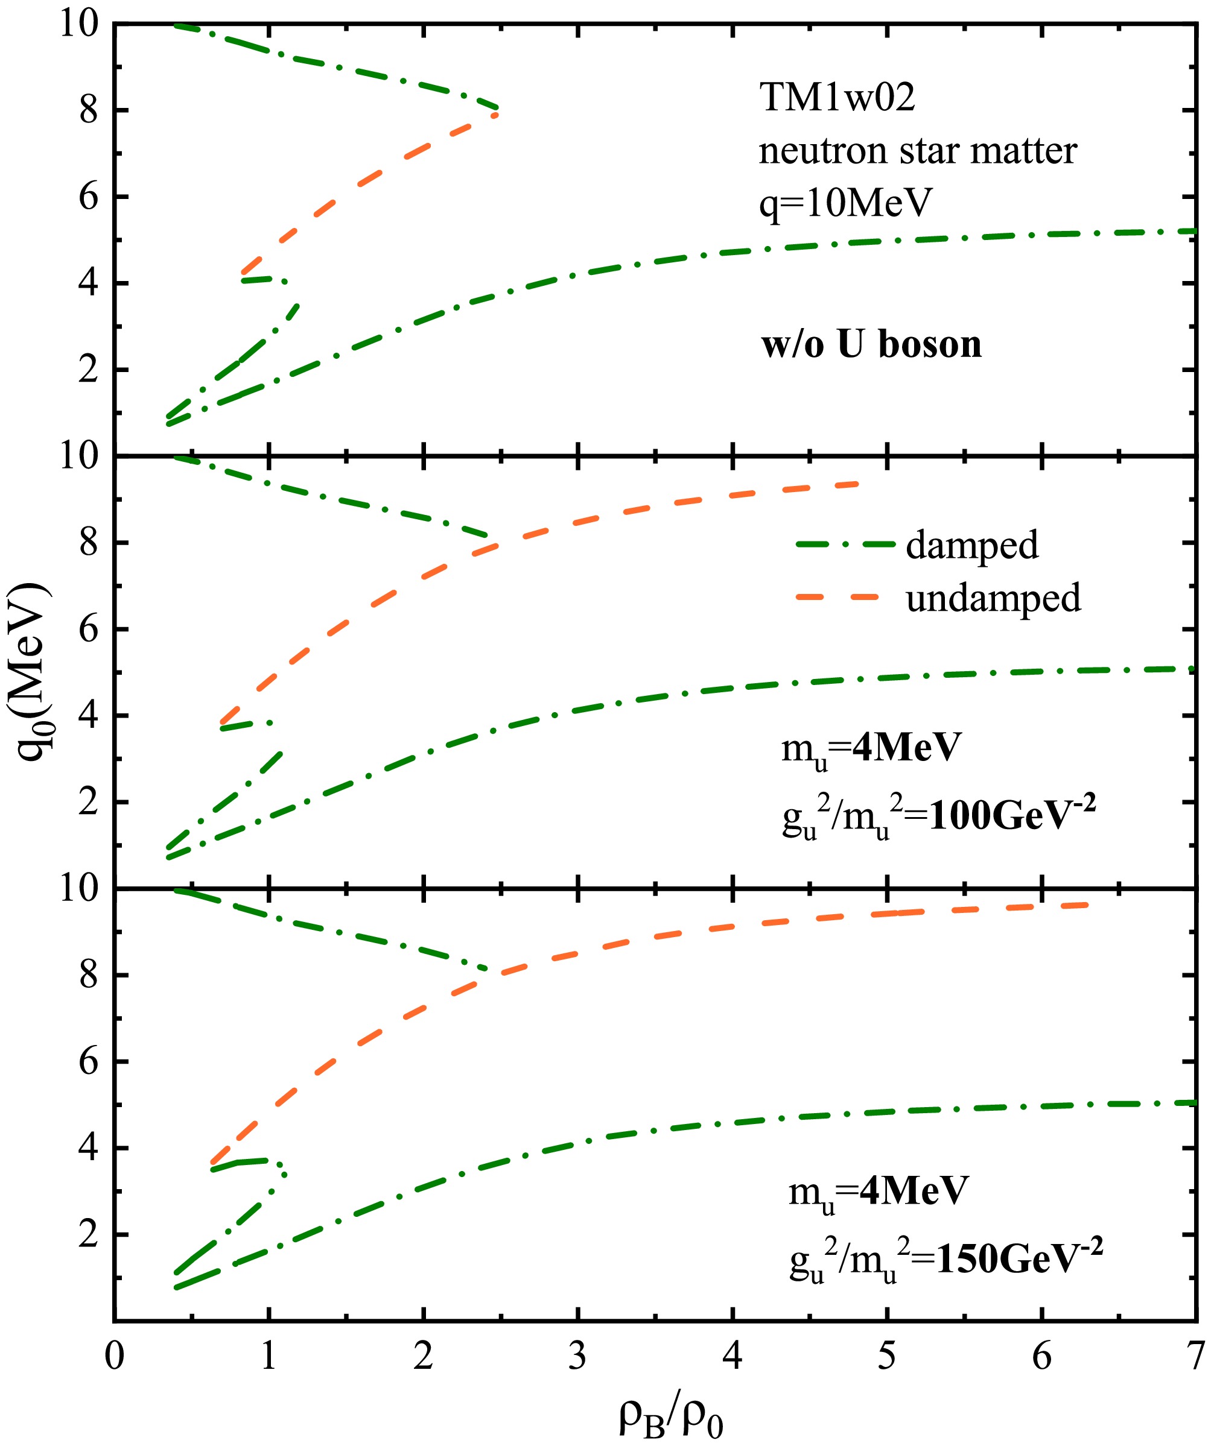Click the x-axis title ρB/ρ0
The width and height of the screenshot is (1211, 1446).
point(671,1417)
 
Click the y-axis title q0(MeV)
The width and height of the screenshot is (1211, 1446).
point(31,672)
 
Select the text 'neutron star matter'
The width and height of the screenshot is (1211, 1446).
point(917,151)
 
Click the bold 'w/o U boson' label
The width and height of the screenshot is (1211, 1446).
point(871,344)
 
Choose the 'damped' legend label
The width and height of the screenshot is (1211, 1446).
point(971,545)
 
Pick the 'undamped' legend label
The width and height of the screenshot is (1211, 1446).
point(993,598)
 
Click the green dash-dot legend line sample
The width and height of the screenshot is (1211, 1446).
point(845,545)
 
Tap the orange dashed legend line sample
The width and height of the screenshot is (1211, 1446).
point(838,597)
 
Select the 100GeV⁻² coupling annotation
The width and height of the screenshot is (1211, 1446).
point(1011,817)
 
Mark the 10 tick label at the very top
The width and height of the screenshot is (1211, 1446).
point(80,25)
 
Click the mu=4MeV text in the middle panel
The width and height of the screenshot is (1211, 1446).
point(871,747)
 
